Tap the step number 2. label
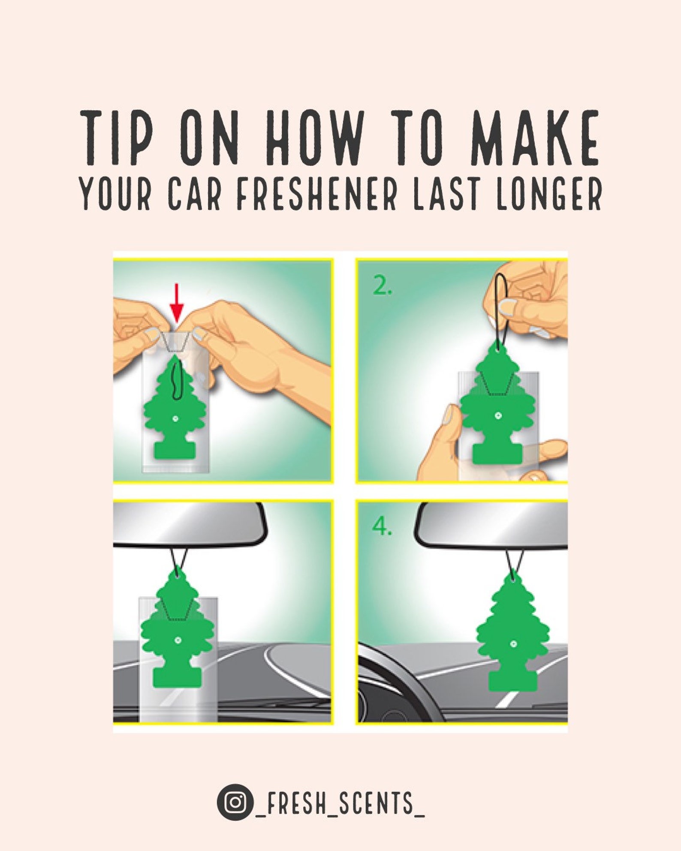pyautogui.click(x=382, y=286)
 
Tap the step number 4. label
pyautogui.click(x=382, y=526)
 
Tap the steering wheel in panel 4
pyautogui.click(x=397, y=677)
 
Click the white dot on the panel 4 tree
pyautogui.click(x=513, y=644)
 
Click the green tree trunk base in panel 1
pyautogui.click(x=174, y=450)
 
